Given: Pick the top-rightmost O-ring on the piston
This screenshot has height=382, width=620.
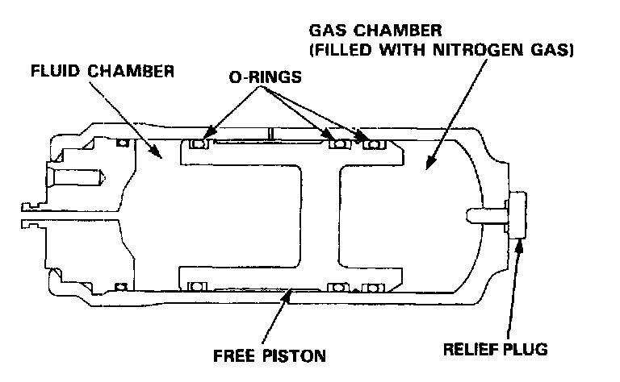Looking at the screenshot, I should coord(373,144).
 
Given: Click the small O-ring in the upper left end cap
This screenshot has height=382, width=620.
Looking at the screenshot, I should coord(123,143).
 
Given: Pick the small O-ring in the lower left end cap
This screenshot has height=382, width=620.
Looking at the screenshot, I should coord(123,288).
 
